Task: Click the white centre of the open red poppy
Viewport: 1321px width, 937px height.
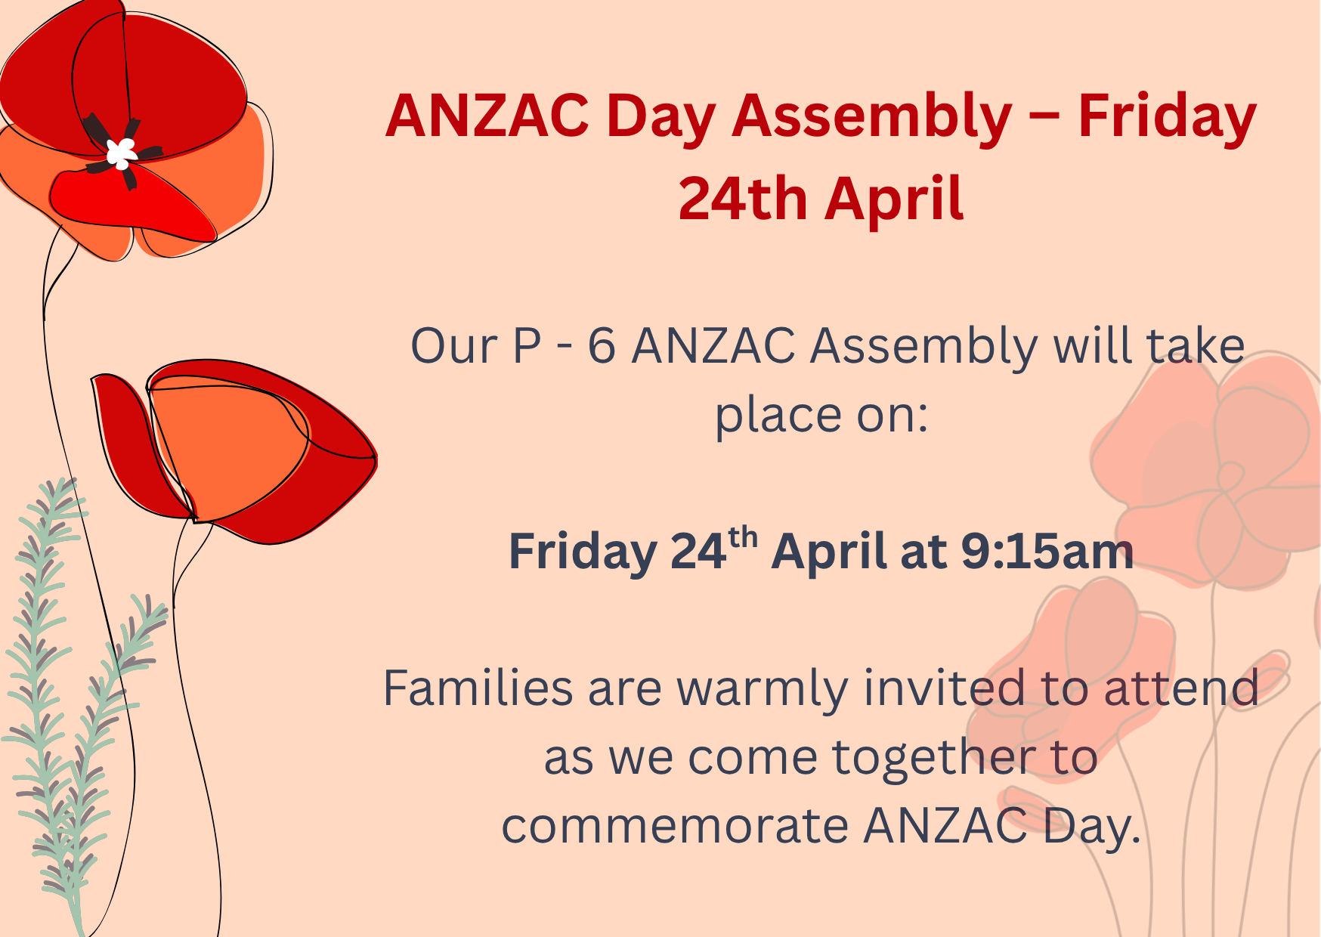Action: [x=121, y=153]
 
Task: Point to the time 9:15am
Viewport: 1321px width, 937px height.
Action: [x=1047, y=551]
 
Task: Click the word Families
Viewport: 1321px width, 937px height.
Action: [x=478, y=688]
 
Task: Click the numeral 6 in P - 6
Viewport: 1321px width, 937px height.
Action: [x=602, y=347]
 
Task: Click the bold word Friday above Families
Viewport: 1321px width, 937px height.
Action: [x=583, y=552]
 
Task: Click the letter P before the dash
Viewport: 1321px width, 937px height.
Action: [x=527, y=347]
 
